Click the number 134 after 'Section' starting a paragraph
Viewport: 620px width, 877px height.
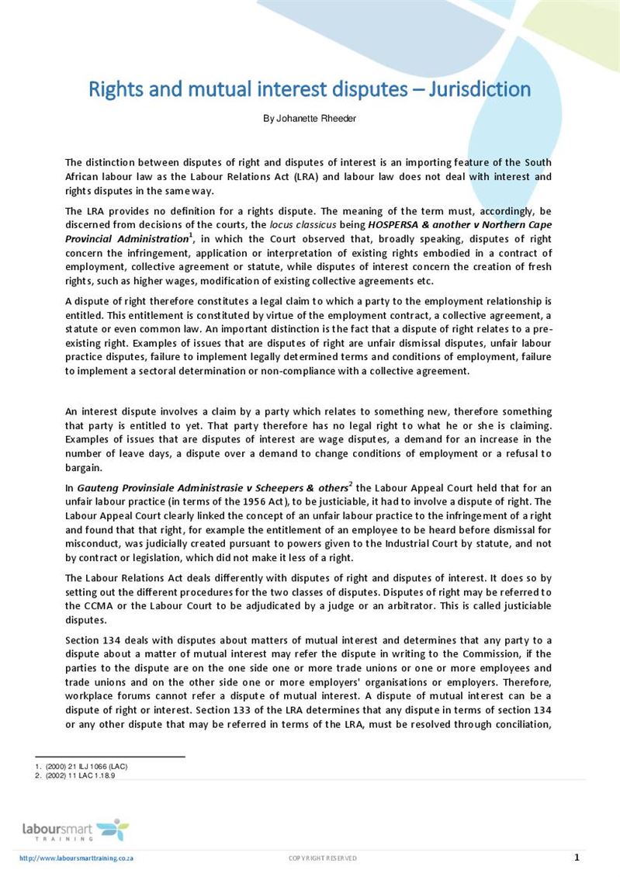point(112,640)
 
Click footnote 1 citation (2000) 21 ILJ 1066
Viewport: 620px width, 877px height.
point(86,767)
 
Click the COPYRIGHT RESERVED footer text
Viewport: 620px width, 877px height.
point(322,858)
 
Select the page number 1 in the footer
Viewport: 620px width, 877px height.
point(577,858)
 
